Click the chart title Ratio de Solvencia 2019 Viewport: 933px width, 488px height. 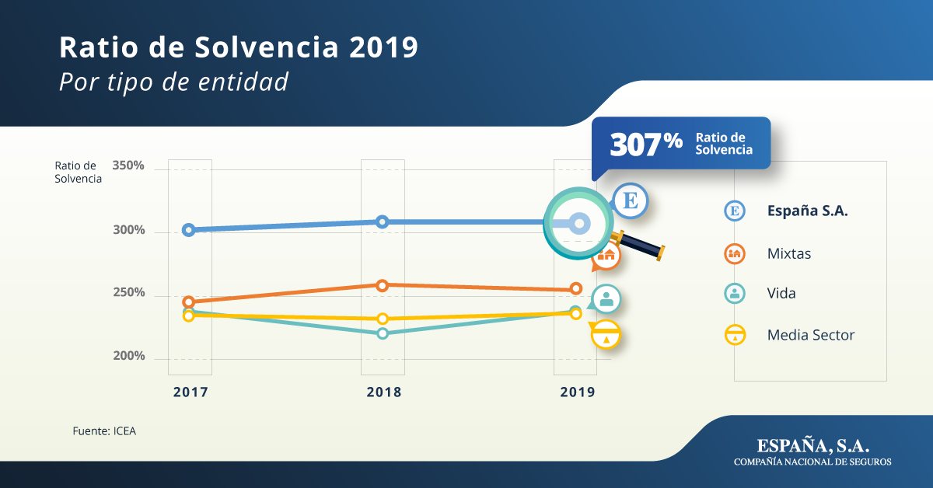coord(239,47)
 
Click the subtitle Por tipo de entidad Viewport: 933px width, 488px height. coord(173,82)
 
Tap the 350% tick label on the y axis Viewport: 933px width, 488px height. coord(128,166)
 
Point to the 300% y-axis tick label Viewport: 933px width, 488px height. coord(128,231)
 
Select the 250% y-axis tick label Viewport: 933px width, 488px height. coord(128,293)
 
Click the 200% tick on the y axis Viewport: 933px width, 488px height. coord(128,356)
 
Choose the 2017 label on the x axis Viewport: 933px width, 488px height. coord(190,392)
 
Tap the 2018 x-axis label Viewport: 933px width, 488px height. coord(383,392)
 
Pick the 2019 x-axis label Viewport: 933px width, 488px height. coord(577,392)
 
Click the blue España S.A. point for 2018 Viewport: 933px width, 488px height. coord(383,221)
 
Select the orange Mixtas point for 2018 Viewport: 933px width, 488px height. coord(383,285)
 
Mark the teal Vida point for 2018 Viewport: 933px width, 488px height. coord(383,333)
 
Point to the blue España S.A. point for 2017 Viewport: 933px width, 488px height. coord(189,230)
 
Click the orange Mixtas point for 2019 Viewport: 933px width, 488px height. coord(576,288)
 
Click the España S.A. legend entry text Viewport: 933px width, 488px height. coord(807,211)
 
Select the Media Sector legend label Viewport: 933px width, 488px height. coord(810,336)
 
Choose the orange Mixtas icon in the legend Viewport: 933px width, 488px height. coord(735,253)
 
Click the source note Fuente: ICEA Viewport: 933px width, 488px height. coord(104,430)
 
